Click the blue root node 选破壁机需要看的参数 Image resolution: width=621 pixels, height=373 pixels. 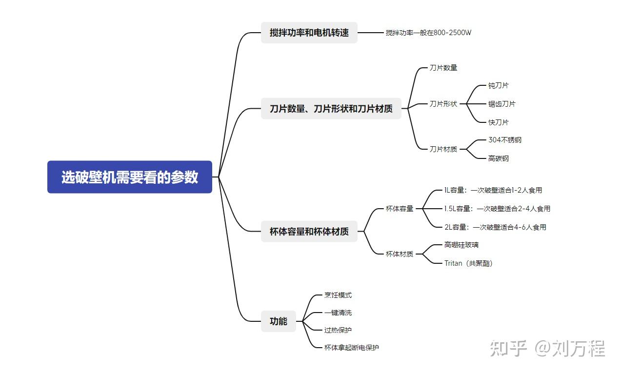(x=130, y=177)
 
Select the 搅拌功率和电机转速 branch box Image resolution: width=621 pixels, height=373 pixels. (x=309, y=33)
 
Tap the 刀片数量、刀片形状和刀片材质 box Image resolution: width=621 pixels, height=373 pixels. (x=331, y=109)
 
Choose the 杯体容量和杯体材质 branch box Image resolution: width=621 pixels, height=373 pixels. (x=309, y=232)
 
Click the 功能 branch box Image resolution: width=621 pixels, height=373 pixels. (x=278, y=321)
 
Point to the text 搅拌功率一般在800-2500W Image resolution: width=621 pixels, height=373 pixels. (x=428, y=33)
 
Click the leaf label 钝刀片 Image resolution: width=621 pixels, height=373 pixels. (x=498, y=85)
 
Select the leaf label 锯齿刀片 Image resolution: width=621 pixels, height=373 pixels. (x=501, y=104)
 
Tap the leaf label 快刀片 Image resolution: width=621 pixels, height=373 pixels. (x=498, y=122)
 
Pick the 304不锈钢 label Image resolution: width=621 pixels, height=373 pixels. (x=504, y=140)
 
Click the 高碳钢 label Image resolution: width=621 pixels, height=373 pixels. (x=498, y=158)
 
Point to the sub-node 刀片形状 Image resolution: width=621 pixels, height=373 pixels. (x=443, y=104)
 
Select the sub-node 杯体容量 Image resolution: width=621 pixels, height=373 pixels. (x=399, y=209)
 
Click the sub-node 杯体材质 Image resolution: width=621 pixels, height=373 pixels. (x=399, y=254)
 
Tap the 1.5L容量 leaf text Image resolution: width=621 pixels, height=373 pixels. (x=497, y=209)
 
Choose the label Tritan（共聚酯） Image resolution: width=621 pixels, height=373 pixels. (x=468, y=263)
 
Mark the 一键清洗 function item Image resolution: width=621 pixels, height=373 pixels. (x=338, y=313)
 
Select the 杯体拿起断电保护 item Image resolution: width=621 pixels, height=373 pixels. (x=351, y=348)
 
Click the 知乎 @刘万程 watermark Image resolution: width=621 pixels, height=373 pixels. (x=547, y=348)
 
